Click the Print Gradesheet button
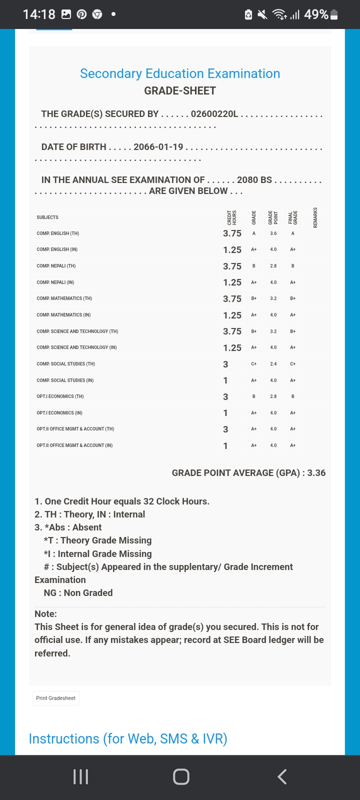(55, 698)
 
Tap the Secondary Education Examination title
(180, 73)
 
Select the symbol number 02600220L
(214, 114)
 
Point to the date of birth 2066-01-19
(158, 147)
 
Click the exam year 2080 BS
(254, 180)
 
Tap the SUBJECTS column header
(47, 217)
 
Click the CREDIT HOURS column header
(232, 217)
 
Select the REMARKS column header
(315, 217)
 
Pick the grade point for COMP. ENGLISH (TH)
(273, 233)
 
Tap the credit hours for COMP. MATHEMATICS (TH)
(232, 299)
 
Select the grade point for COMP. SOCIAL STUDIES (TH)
(273, 364)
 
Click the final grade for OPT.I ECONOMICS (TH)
(293, 396)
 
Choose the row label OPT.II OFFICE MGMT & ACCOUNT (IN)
(74, 445)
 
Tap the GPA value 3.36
(316, 473)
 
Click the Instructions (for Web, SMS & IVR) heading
(128, 738)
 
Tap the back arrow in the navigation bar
(282, 776)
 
